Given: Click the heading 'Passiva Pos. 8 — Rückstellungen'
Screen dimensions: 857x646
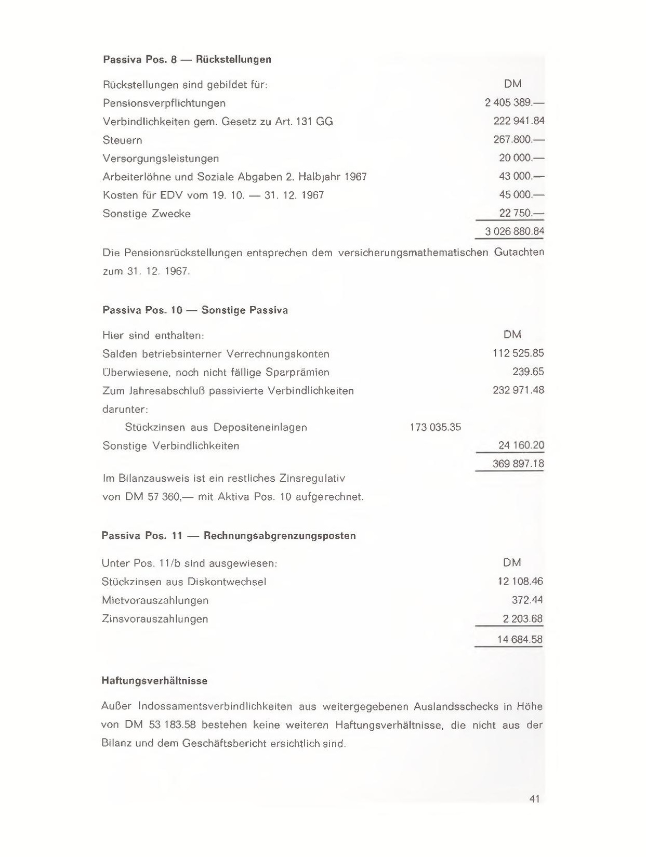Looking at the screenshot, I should coord(187,59).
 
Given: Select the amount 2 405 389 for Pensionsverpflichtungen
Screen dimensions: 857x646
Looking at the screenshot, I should coord(513,103).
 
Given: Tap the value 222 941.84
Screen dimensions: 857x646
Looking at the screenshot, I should coord(518,121).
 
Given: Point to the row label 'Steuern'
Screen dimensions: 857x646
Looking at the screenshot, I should coord(123,140).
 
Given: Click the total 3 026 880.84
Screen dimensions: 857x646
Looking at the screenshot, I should coord(514,231).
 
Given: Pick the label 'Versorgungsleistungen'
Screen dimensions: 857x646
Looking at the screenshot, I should coord(161,158).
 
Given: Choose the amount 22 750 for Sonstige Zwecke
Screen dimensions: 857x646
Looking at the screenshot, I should coord(521,213).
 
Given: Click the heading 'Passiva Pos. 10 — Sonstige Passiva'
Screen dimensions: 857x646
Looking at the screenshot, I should coord(195,310).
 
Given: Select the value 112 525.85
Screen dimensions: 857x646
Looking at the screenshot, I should coord(518,353).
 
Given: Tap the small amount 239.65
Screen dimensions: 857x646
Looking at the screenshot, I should coord(528,372).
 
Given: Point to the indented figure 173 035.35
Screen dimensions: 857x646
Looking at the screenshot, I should coord(435,427).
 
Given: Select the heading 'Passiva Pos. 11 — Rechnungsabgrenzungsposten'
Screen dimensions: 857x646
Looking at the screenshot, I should coord(229,535).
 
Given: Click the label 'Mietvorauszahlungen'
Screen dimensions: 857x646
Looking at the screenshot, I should coord(155,600).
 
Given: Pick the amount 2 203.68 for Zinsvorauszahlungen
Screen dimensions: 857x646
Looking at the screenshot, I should coord(522,618).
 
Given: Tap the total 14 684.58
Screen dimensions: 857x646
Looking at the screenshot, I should coord(520,639).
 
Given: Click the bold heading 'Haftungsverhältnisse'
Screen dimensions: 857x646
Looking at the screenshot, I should coord(154,681).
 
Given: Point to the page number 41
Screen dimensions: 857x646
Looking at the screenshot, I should coord(535,799).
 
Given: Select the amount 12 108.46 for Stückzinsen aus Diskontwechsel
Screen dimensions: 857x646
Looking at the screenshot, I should coord(520,582).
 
